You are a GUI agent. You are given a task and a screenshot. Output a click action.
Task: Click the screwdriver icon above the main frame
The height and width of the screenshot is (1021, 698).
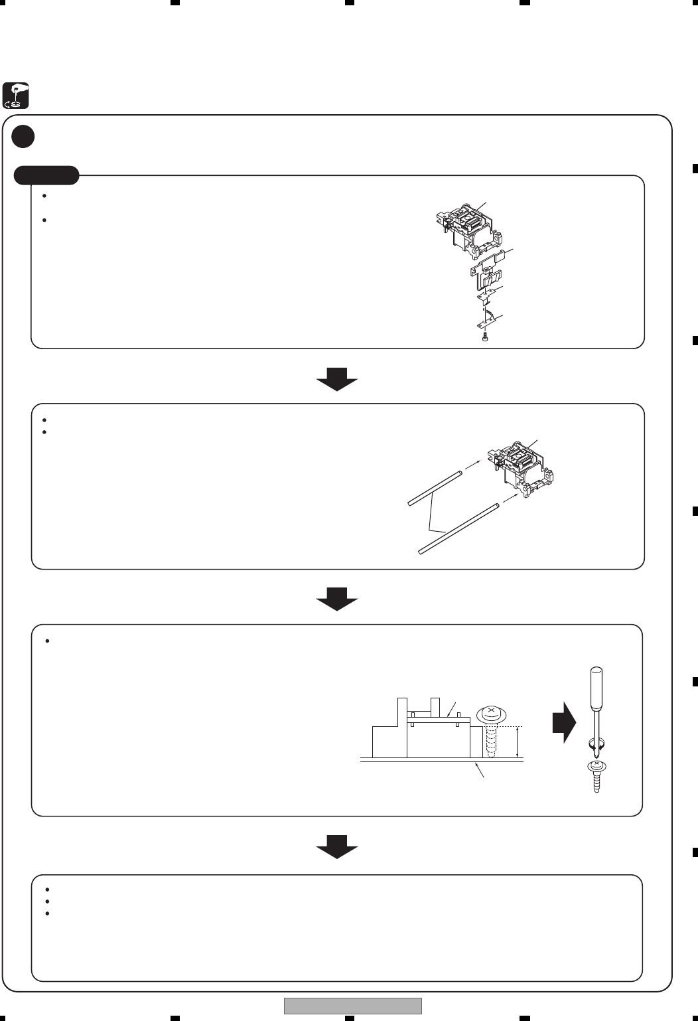pos(16,96)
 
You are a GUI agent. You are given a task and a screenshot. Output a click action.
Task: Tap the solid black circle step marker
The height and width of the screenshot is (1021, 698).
pos(23,136)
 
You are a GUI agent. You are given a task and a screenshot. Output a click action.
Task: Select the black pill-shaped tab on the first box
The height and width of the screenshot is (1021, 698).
pos(46,175)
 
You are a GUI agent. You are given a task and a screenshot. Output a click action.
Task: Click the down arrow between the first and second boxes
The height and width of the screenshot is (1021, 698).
pos(337,380)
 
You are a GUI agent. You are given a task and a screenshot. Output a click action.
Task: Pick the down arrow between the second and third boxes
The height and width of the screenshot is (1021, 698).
pos(337,600)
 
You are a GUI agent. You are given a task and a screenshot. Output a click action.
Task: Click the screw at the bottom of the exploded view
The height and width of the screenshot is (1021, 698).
pos(486,338)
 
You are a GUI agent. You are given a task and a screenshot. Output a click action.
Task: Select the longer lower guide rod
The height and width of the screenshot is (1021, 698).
pos(458,528)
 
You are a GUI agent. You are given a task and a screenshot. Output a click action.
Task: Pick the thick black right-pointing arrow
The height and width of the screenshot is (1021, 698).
pos(564,722)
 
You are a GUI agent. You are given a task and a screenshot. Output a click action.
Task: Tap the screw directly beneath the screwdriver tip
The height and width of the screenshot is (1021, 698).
pos(597,776)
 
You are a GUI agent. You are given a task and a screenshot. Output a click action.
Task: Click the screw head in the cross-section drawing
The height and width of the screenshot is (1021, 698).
pos(491,715)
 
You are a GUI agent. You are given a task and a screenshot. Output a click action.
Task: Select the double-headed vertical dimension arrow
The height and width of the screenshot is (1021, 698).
pos(518,742)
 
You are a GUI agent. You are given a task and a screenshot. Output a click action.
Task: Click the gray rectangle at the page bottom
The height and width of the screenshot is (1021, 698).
pos(353,1006)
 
